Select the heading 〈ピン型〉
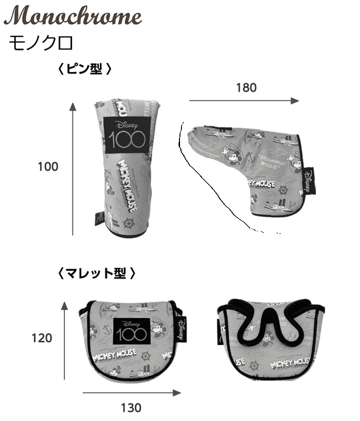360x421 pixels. pyautogui.click(x=84, y=69)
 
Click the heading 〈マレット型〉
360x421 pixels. pyautogui.click(x=96, y=274)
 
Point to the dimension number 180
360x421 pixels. pyautogui.click(x=246, y=87)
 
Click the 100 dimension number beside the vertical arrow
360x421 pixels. pyautogui.click(x=48, y=167)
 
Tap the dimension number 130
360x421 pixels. pyautogui.click(x=131, y=408)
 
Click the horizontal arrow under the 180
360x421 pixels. pyautogui.click(x=244, y=101)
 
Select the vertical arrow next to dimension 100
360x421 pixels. pyautogui.click(x=73, y=168)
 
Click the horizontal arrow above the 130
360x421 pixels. pyautogui.click(x=132, y=392)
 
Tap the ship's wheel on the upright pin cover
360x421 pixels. pyautogui.click(x=129, y=223)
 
